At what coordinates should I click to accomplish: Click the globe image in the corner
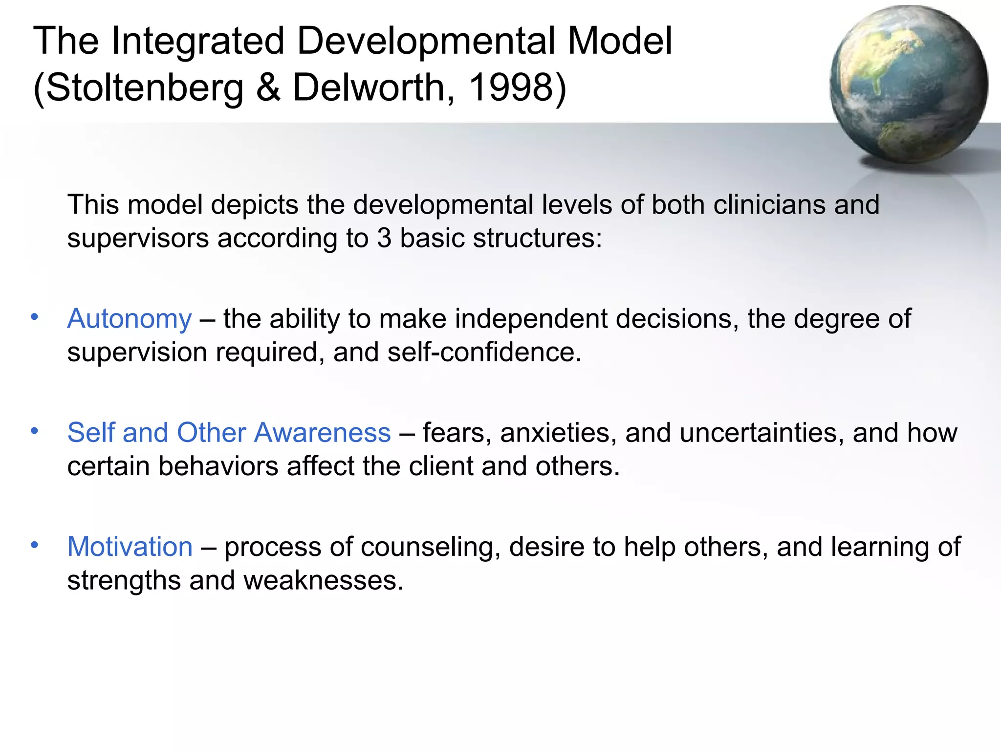(908, 84)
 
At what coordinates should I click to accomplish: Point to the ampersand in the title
(268, 88)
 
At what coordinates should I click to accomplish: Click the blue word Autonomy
(130, 319)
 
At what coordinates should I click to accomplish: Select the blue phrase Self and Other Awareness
(229, 433)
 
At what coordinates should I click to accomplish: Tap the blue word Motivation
(130, 547)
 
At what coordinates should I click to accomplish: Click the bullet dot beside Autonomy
(34, 317)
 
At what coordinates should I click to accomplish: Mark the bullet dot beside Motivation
(34, 545)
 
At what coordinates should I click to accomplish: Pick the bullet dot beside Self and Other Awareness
(34, 431)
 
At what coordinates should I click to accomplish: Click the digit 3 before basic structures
(384, 239)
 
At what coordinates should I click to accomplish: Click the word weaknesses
(323, 581)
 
